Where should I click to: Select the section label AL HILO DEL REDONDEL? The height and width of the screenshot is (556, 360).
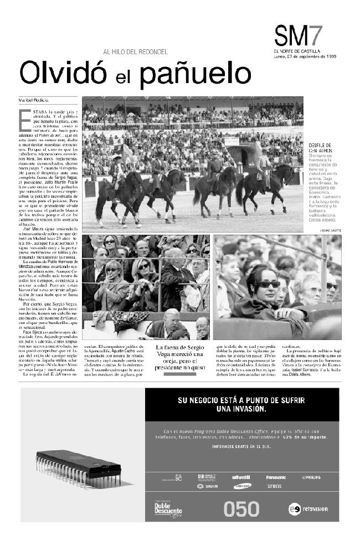pyautogui.click(x=135, y=52)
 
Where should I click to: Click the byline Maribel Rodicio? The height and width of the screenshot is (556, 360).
pyautogui.click(x=34, y=100)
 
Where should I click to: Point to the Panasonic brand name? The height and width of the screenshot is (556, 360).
pyautogui.click(x=275, y=477)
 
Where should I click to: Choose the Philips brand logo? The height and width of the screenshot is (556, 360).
pyautogui.click(x=311, y=477)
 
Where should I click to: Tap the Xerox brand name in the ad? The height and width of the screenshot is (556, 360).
pyautogui.click(x=274, y=486)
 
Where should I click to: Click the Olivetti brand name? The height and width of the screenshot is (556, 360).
pyautogui.click(x=240, y=477)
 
